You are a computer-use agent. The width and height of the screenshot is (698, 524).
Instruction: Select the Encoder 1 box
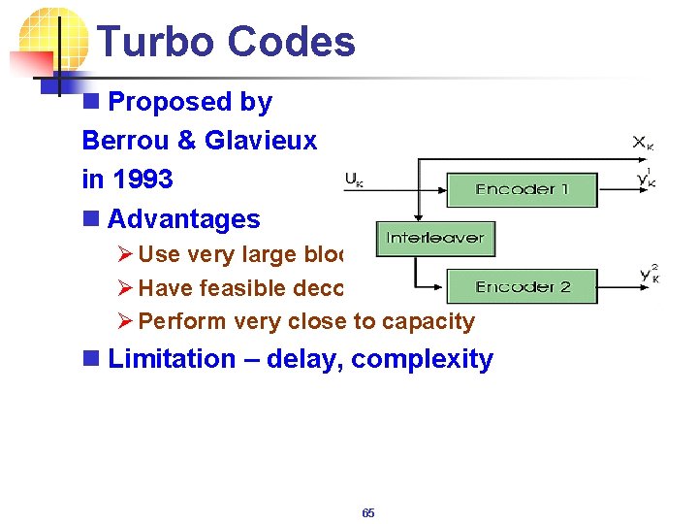click(522, 189)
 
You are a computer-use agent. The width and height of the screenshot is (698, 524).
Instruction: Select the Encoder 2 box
click(522, 286)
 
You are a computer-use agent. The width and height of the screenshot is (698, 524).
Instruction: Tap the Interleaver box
click(435, 239)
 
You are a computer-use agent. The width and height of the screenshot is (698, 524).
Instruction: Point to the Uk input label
click(354, 180)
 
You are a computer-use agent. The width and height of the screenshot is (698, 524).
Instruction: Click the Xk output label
click(643, 143)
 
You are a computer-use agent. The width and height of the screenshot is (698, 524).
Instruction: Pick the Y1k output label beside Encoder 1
click(645, 179)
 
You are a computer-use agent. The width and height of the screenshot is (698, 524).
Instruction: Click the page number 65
click(367, 513)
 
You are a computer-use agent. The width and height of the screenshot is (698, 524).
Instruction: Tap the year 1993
click(143, 180)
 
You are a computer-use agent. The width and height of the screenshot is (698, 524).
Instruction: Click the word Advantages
click(184, 219)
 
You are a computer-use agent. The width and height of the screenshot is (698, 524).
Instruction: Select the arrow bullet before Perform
click(124, 321)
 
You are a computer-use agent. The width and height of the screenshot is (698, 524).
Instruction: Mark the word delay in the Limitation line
click(302, 359)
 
